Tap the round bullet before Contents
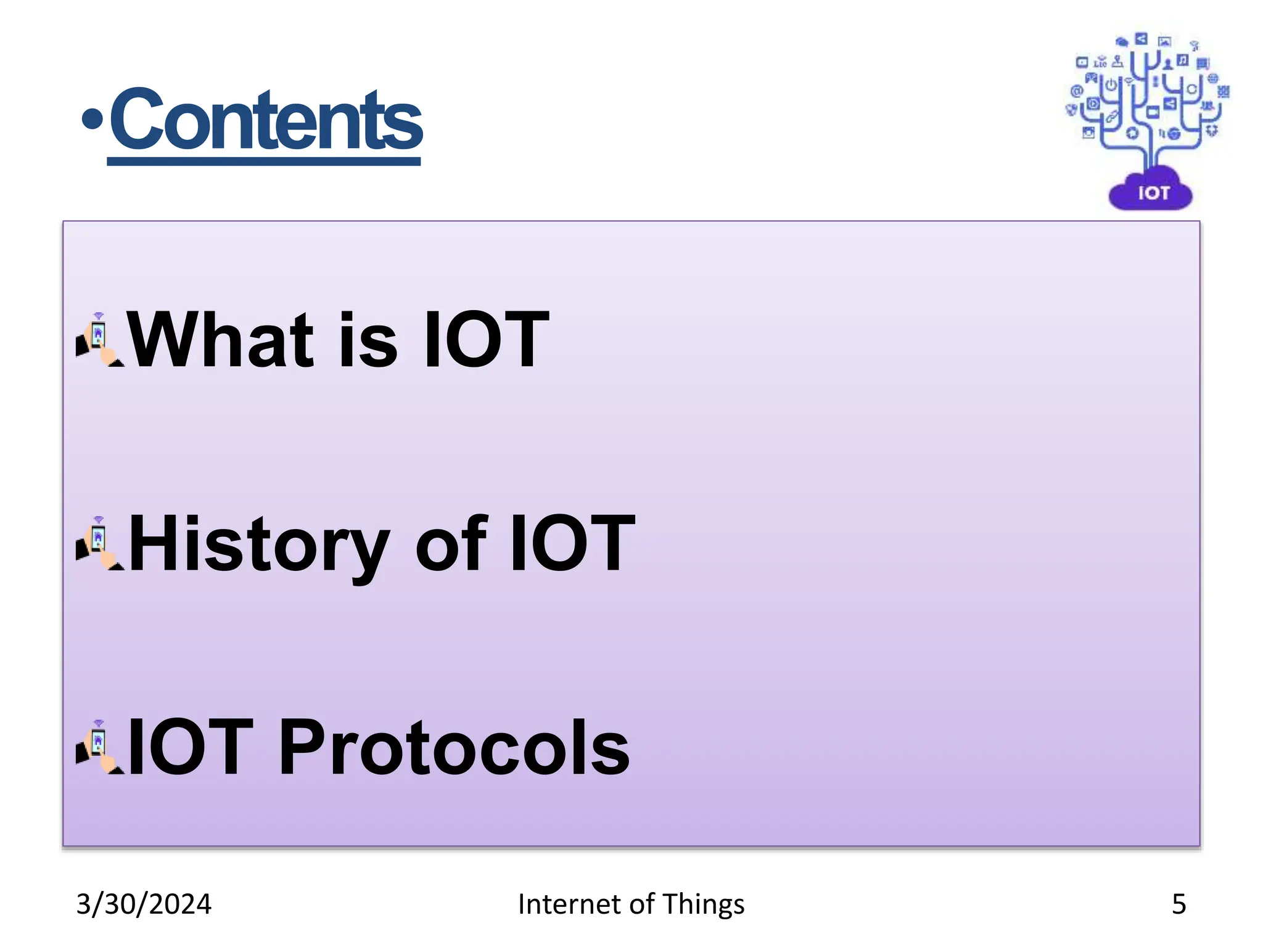tap(92, 120)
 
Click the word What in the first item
tap(220, 340)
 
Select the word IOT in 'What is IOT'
tap(486, 340)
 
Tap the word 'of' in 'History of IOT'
tap(451, 544)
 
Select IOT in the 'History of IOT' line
tap(572, 544)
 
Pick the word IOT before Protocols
tap(190, 748)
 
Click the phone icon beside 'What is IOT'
tap(99, 340)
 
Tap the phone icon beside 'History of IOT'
tap(99, 544)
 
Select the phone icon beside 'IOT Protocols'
tap(99, 747)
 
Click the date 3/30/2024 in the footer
tap(143, 904)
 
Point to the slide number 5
tap(1179, 904)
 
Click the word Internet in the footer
tap(569, 904)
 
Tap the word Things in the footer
tap(703, 904)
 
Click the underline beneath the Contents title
tap(264, 162)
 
